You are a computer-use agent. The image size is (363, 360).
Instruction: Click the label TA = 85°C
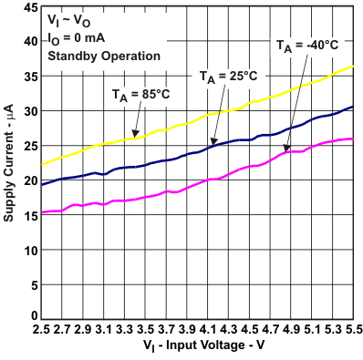tap(140, 93)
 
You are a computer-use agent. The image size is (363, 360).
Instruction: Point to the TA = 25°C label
tap(228, 77)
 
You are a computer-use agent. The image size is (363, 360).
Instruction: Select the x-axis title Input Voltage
tap(202, 348)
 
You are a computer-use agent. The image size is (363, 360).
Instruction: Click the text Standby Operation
tap(104, 56)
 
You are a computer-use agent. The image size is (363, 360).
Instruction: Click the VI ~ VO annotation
tap(69, 21)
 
